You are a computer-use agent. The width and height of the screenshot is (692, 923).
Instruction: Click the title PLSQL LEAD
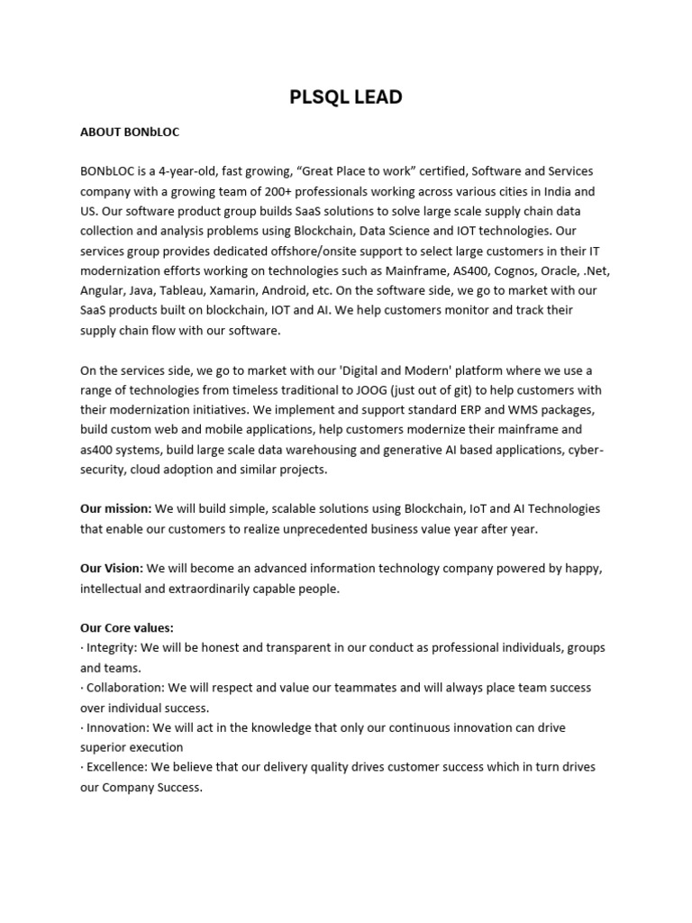coord(346,97)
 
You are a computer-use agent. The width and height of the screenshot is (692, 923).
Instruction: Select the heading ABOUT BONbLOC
coord(130,132)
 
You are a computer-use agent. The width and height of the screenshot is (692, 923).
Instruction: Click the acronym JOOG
coord(360,389)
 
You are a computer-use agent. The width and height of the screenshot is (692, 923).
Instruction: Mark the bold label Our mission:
coord(116,508)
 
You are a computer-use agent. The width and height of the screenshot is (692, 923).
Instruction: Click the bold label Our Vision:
coord(112,568)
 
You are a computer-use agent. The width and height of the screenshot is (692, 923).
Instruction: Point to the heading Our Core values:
coord(127,627)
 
